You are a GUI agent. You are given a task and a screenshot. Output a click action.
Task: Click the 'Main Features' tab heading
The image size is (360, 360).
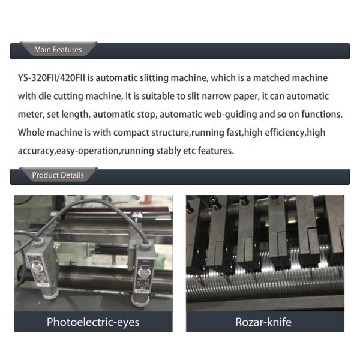click(58, 50)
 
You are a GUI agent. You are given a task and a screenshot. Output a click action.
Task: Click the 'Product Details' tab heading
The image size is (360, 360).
click(58, 175)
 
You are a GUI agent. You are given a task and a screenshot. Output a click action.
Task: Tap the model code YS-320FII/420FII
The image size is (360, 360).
click(52, 78)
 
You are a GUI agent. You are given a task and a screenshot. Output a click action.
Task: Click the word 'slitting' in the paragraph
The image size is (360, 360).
click(154, 78)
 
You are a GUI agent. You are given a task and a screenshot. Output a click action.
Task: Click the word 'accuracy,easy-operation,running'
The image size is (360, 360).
click(86, 151)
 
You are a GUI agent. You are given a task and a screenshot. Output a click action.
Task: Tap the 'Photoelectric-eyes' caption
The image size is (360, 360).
click(93, 322)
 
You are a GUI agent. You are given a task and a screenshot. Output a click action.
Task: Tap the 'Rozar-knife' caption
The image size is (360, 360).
click(263, 322)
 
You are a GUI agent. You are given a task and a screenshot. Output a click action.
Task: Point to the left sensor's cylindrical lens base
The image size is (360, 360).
click(48, 295)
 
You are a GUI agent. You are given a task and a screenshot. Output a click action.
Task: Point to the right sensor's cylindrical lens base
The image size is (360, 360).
click(139, 300)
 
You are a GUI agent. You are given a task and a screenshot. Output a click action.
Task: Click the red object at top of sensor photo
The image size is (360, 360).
click(146, 199)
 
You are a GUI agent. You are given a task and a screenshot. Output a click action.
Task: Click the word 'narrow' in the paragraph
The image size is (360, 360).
click(216, 97)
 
